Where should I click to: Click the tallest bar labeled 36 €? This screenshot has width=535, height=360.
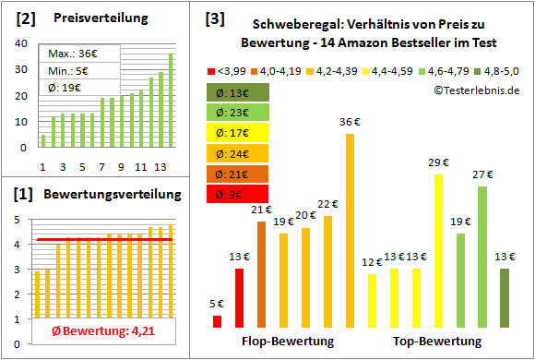350,231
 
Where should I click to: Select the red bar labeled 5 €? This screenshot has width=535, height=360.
218,321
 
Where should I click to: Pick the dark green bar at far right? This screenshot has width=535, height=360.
504,297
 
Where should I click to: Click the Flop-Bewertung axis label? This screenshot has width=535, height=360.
287,342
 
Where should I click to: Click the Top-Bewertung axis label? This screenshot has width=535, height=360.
437,342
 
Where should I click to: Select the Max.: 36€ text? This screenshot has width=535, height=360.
69,54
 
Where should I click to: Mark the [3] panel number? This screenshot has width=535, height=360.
214,18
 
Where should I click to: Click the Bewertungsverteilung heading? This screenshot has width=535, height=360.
110,195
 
